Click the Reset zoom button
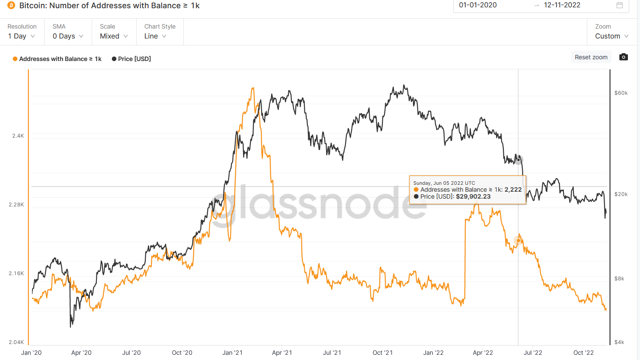pyautogui.click(x=591, y=57)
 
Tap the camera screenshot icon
pyautogui.click(x=623, y=57)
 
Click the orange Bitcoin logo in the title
pyautogui.click(x=11, y=6)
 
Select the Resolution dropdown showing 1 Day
pyautogui.click(x=21, y=36)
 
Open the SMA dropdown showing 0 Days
pyautogui.click(x=67, y=36)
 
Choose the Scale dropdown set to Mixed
pyautogui.click(x=114, y=36)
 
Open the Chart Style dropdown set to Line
pyautogui.click(x=155, y=36)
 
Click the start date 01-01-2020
pyautogui.click(x=478, y=5)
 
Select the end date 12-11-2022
pyautogui.click(x=562, y=5)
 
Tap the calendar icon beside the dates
pyautogui.click(x=620, y=5)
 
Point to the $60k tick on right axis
pyautogui.click(x=621, y=93)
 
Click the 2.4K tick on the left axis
pyautogui.click(x=18, y=136)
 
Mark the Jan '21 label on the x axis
pyautogui.click(x=232, y=353)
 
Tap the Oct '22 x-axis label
pyautogui.click(x=583, y=353)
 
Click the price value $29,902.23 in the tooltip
pyautogui.click(x=473, y=196)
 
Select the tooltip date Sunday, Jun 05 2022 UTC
pyautogui.click(x=444, y=183)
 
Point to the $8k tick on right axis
pyautogui.click(x=619, y=279)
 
